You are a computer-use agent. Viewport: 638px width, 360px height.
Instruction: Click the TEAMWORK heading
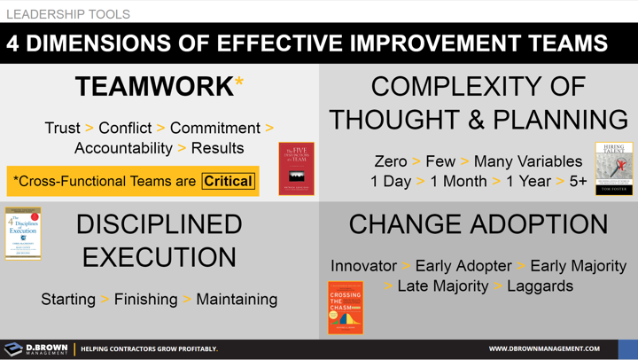tap(153, 87)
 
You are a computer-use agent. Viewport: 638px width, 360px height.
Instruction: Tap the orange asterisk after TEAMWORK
tap(239, 83)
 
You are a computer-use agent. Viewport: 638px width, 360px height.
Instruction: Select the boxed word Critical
tap(228, 181)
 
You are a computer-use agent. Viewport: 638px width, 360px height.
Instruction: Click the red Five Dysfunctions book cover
tap(296, 168)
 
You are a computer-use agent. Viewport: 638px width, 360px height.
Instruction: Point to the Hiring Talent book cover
tap(613, 168)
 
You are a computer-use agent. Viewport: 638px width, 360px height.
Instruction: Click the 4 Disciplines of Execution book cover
tap(23, 233)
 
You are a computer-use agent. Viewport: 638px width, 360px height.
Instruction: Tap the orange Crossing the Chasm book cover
tap(346, 308)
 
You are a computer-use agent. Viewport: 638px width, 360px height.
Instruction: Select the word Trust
tap(62, 129)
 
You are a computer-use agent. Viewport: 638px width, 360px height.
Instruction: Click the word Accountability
tap(123, 148)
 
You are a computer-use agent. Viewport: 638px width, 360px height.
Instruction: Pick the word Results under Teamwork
tap(217, 148)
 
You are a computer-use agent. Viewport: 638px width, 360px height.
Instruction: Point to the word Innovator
tap(363, 266)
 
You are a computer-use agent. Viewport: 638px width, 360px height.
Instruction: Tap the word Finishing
tap(145, 299)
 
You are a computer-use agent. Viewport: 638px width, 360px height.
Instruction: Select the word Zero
tap(391, 161)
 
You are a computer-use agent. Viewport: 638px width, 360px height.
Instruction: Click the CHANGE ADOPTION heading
tap(478, 224)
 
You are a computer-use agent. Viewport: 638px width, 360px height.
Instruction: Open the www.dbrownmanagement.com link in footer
tap(544, 348)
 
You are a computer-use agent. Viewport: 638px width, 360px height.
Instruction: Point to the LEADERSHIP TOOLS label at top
tap(68, 13)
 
